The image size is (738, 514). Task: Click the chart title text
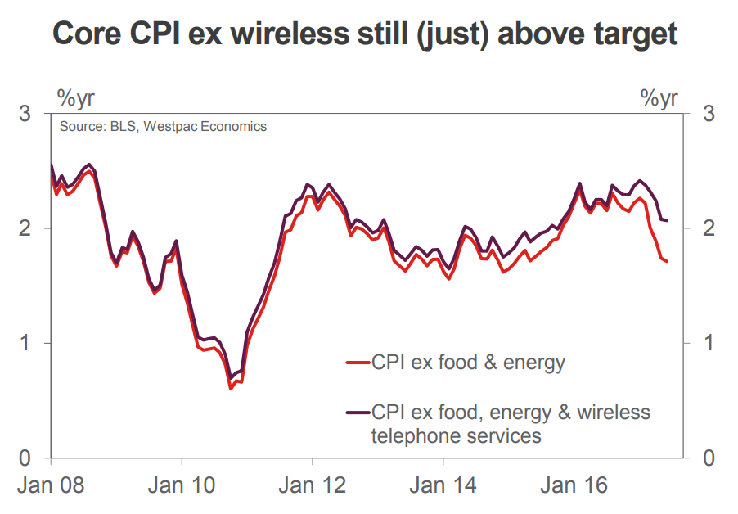click(x=365, y=34)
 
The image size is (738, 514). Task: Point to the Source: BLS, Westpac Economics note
click(x=163, y=127)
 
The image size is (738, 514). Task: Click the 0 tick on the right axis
click(x=709, y=457)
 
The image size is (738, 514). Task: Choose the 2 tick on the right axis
click(x=709, y=228)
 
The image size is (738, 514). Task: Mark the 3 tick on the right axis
click(x=709, y=113)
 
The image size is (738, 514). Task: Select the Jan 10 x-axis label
click(x=182, y=485)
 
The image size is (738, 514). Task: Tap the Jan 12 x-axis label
click(x=312, y=485)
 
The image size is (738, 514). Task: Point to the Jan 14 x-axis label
click(x=443, y=485)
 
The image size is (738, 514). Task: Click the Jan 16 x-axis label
click(x=574, y=485)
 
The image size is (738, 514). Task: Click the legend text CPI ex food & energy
click(x=468, y=362)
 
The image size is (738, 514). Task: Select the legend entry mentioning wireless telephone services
click(x=511, y=422)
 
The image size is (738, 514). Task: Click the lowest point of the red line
click(x=231, y=388)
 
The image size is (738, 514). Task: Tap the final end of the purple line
click(x=668, y=220)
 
